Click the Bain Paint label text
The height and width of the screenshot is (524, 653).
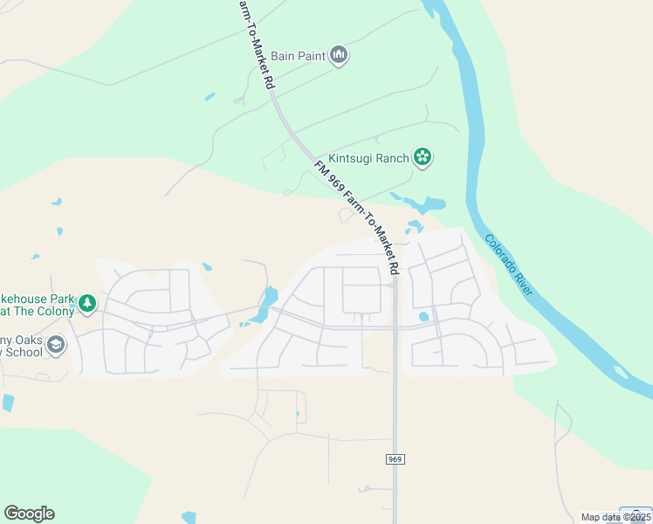(298, 56)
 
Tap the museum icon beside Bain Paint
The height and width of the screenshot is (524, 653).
(339, 56)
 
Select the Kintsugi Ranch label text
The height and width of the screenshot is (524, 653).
(368, 158)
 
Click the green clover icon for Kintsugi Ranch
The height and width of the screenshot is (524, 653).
(423, 157)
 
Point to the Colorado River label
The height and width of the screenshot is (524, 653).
(509, 264)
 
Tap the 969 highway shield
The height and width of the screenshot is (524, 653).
(395, 458)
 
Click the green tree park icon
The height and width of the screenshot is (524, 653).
(86, 304)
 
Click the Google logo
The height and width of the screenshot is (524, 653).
(29, 514)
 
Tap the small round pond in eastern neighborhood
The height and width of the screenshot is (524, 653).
(423, 317)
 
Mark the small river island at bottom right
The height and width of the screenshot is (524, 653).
(621, 373)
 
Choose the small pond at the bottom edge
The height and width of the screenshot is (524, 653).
(189, 518)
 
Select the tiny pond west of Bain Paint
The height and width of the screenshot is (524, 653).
(210, 96)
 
